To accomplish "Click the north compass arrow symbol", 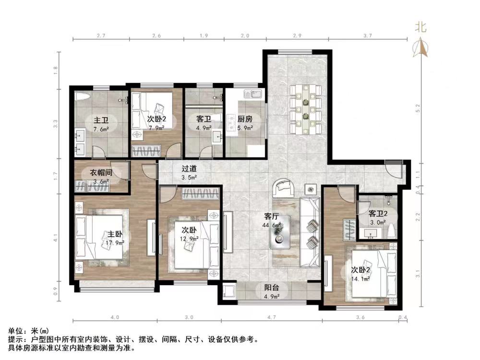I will pos(421,47).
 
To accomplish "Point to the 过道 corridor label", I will pos(189,168).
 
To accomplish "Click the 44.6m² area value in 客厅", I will pos(271,225).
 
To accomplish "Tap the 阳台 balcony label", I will pos(272,288).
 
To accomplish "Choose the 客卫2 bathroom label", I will pos(378,213).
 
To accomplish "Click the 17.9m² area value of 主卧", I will pos(116,243).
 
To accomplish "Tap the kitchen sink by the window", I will pos(252,94).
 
